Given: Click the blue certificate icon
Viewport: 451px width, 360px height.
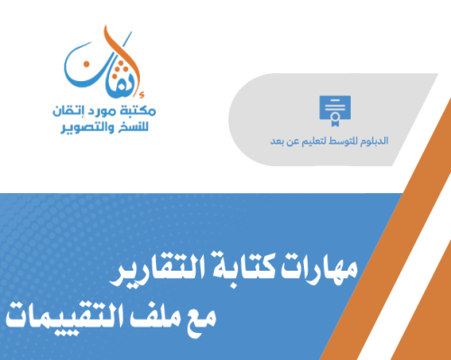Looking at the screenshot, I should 334,109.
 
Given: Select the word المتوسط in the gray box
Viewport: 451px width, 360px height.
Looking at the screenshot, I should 334,142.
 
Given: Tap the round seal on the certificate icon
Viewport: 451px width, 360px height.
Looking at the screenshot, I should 337,115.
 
